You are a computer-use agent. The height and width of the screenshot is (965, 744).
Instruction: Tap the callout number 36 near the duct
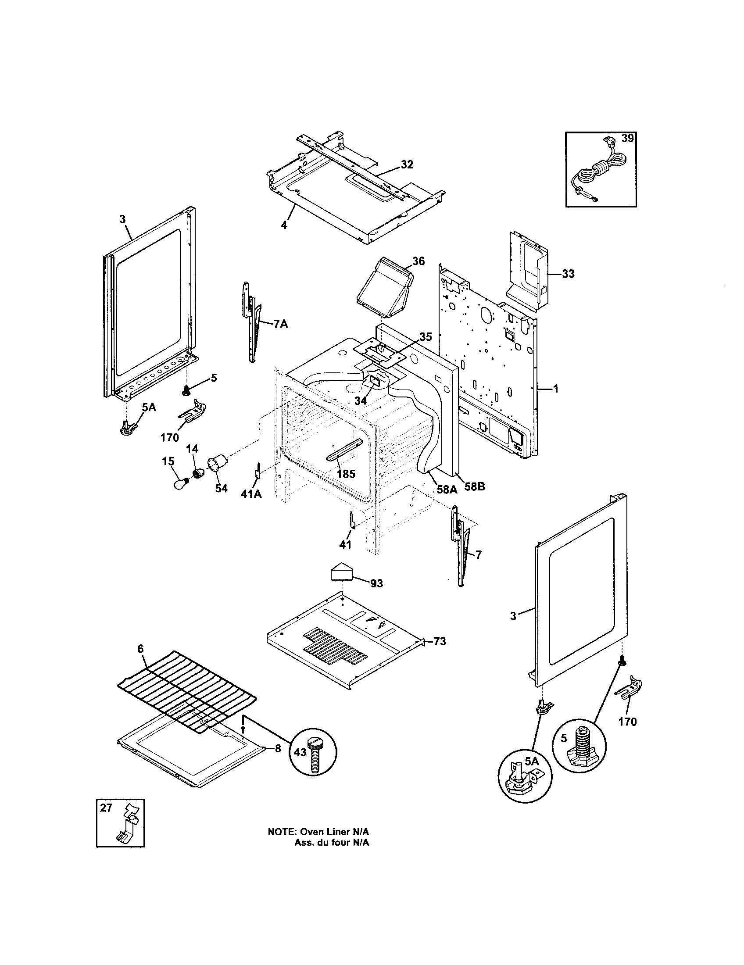coord(418,261)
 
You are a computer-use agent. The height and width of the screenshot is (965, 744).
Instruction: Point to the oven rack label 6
coord(140,649)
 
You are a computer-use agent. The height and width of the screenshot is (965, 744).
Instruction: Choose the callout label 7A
coord(280,324)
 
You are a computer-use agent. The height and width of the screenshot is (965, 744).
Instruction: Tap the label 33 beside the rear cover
coord(568,274)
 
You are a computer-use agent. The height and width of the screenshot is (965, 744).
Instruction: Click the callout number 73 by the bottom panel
coord(440,641)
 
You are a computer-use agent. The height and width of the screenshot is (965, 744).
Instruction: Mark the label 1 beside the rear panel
coord(556,389)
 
